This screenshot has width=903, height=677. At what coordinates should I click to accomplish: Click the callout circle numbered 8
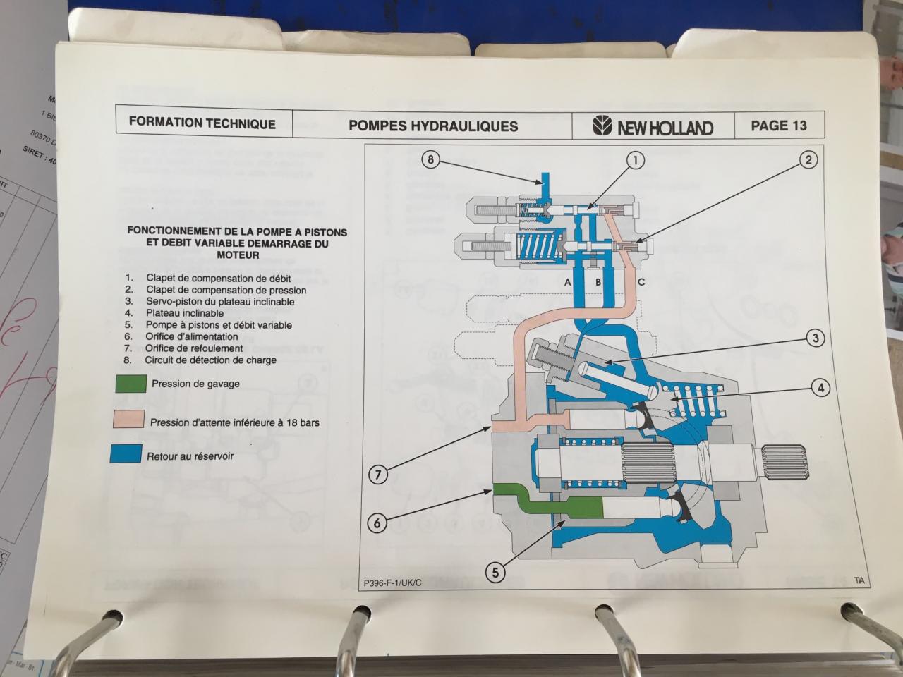430,160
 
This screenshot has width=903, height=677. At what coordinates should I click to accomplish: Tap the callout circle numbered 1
636,161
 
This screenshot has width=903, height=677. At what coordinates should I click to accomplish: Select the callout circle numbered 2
808,160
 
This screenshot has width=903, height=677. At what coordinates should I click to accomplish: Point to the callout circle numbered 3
816,338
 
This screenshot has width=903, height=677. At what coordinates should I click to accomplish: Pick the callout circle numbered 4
820,387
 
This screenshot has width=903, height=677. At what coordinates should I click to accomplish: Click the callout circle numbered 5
495,573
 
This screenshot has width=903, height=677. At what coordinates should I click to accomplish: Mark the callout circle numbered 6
377,523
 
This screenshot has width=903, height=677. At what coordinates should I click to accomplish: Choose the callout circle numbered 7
377,475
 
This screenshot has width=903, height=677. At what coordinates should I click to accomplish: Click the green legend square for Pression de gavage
128,384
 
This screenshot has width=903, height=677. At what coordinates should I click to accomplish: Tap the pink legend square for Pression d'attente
128,420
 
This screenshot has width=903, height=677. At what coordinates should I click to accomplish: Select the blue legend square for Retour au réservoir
126,454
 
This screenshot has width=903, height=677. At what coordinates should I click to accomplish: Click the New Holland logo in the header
653,127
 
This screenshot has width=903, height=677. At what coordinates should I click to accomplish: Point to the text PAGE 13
778,126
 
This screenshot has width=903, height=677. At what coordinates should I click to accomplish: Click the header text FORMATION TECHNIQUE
202,123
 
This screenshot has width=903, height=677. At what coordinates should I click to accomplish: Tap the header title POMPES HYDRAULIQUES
433,126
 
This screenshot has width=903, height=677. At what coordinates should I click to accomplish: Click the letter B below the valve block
598,282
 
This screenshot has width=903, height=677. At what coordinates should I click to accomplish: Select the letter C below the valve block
641,282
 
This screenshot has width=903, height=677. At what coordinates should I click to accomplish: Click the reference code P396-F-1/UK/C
393,583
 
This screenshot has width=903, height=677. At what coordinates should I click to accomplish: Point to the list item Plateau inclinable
185,313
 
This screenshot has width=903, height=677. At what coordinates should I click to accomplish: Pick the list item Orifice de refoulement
194,348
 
